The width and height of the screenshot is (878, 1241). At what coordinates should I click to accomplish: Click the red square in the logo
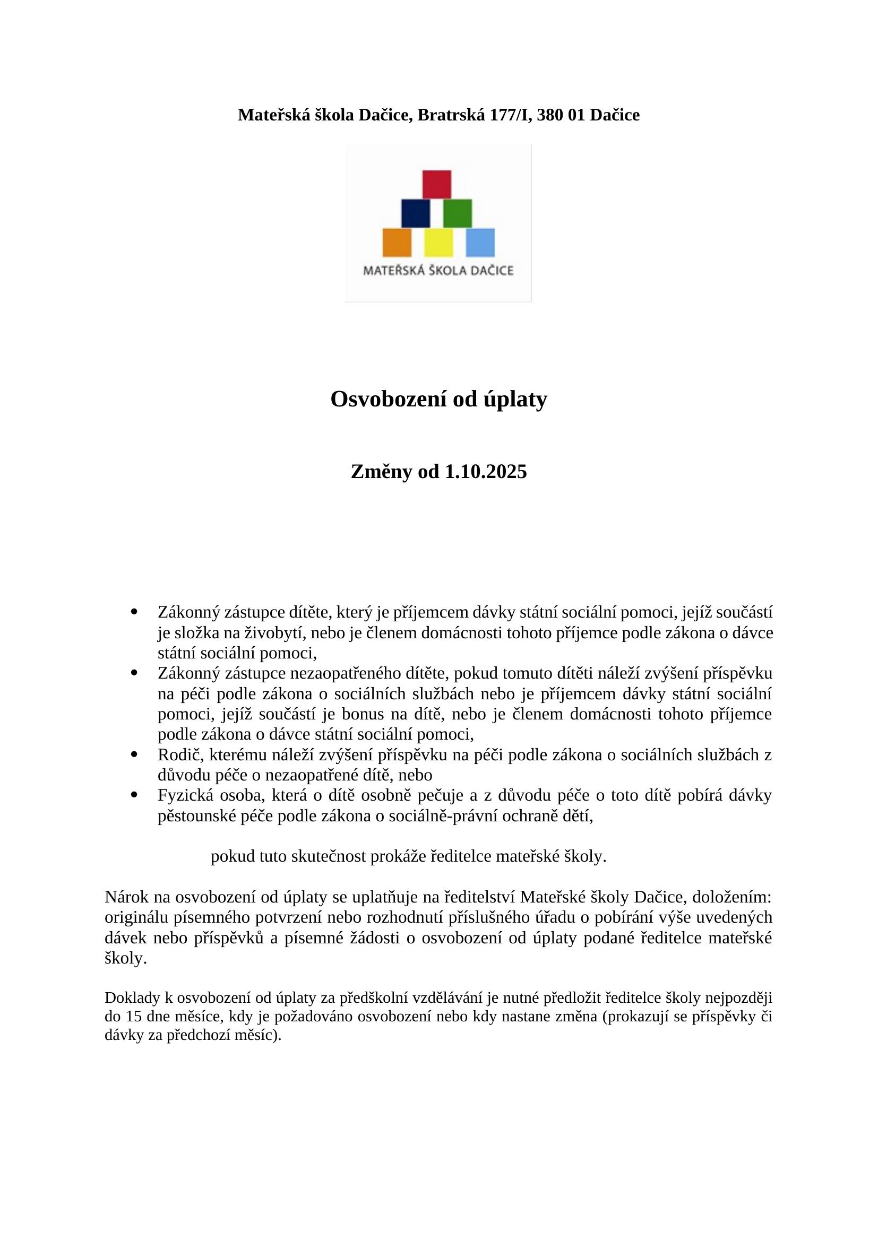point(436,184)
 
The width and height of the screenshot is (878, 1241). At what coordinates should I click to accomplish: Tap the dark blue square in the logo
point(415,213)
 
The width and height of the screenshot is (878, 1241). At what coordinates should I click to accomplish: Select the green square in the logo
point(458,213)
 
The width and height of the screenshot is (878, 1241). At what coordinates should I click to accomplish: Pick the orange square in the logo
point(397,242)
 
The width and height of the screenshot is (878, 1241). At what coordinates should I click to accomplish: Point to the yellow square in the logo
point(438,242)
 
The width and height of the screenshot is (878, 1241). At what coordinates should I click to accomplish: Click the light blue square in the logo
point(480,242)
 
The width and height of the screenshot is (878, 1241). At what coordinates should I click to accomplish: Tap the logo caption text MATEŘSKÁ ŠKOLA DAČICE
point(438,270)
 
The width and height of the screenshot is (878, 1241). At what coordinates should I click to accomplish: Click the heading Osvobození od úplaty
point(438,400)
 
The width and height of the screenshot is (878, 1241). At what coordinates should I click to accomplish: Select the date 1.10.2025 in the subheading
point(486,472)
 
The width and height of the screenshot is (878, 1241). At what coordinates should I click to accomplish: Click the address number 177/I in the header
point(510,115)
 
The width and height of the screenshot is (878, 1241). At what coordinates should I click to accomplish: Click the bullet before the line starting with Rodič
point(134,753)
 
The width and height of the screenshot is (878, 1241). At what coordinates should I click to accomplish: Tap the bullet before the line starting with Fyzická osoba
point(134,795)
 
